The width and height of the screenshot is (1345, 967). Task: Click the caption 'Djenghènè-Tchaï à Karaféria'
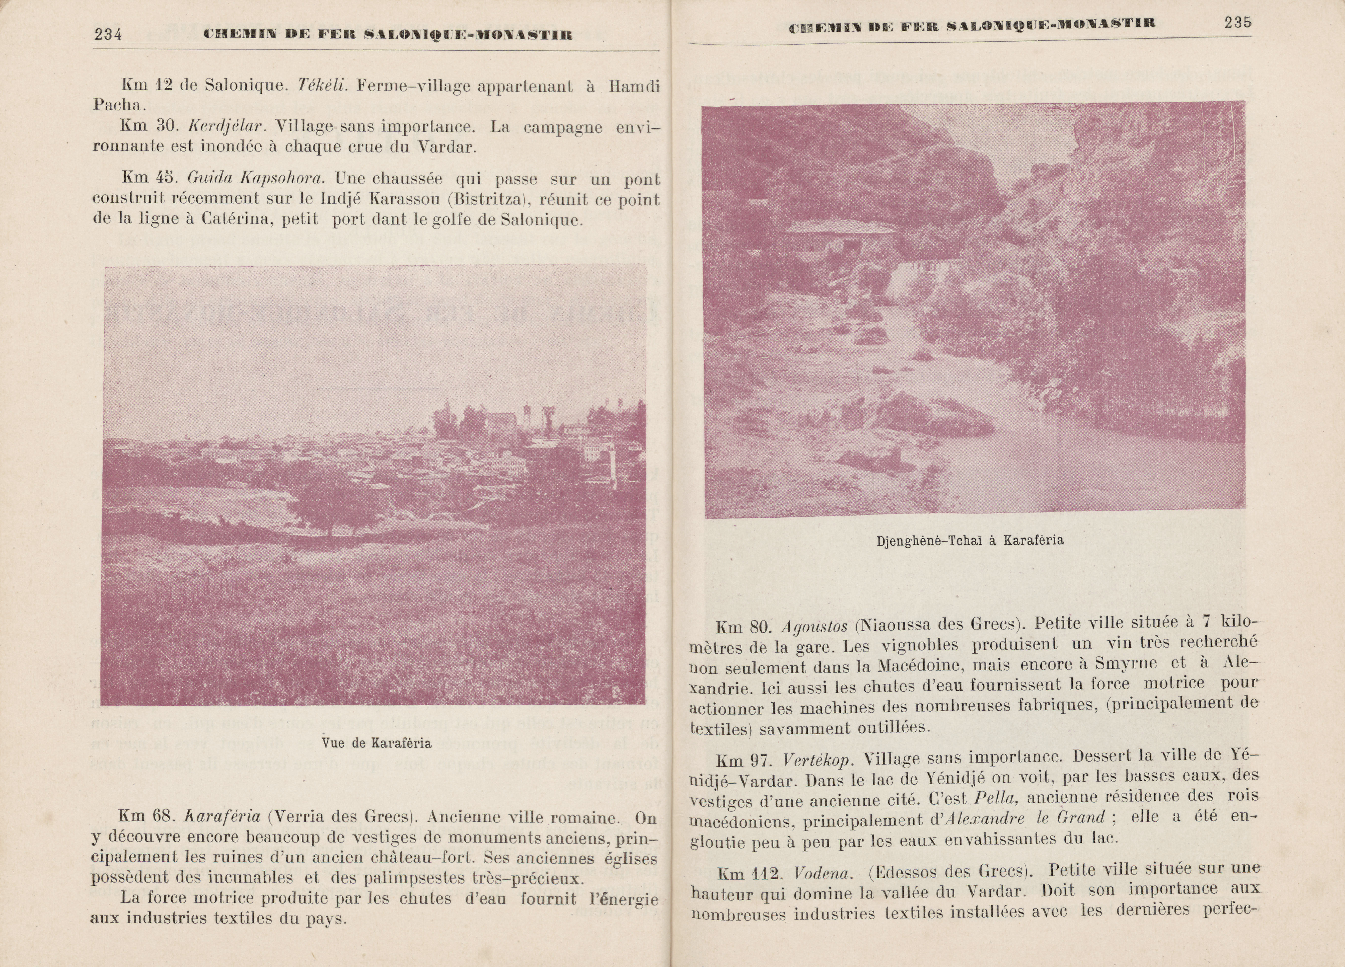point(970,540)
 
